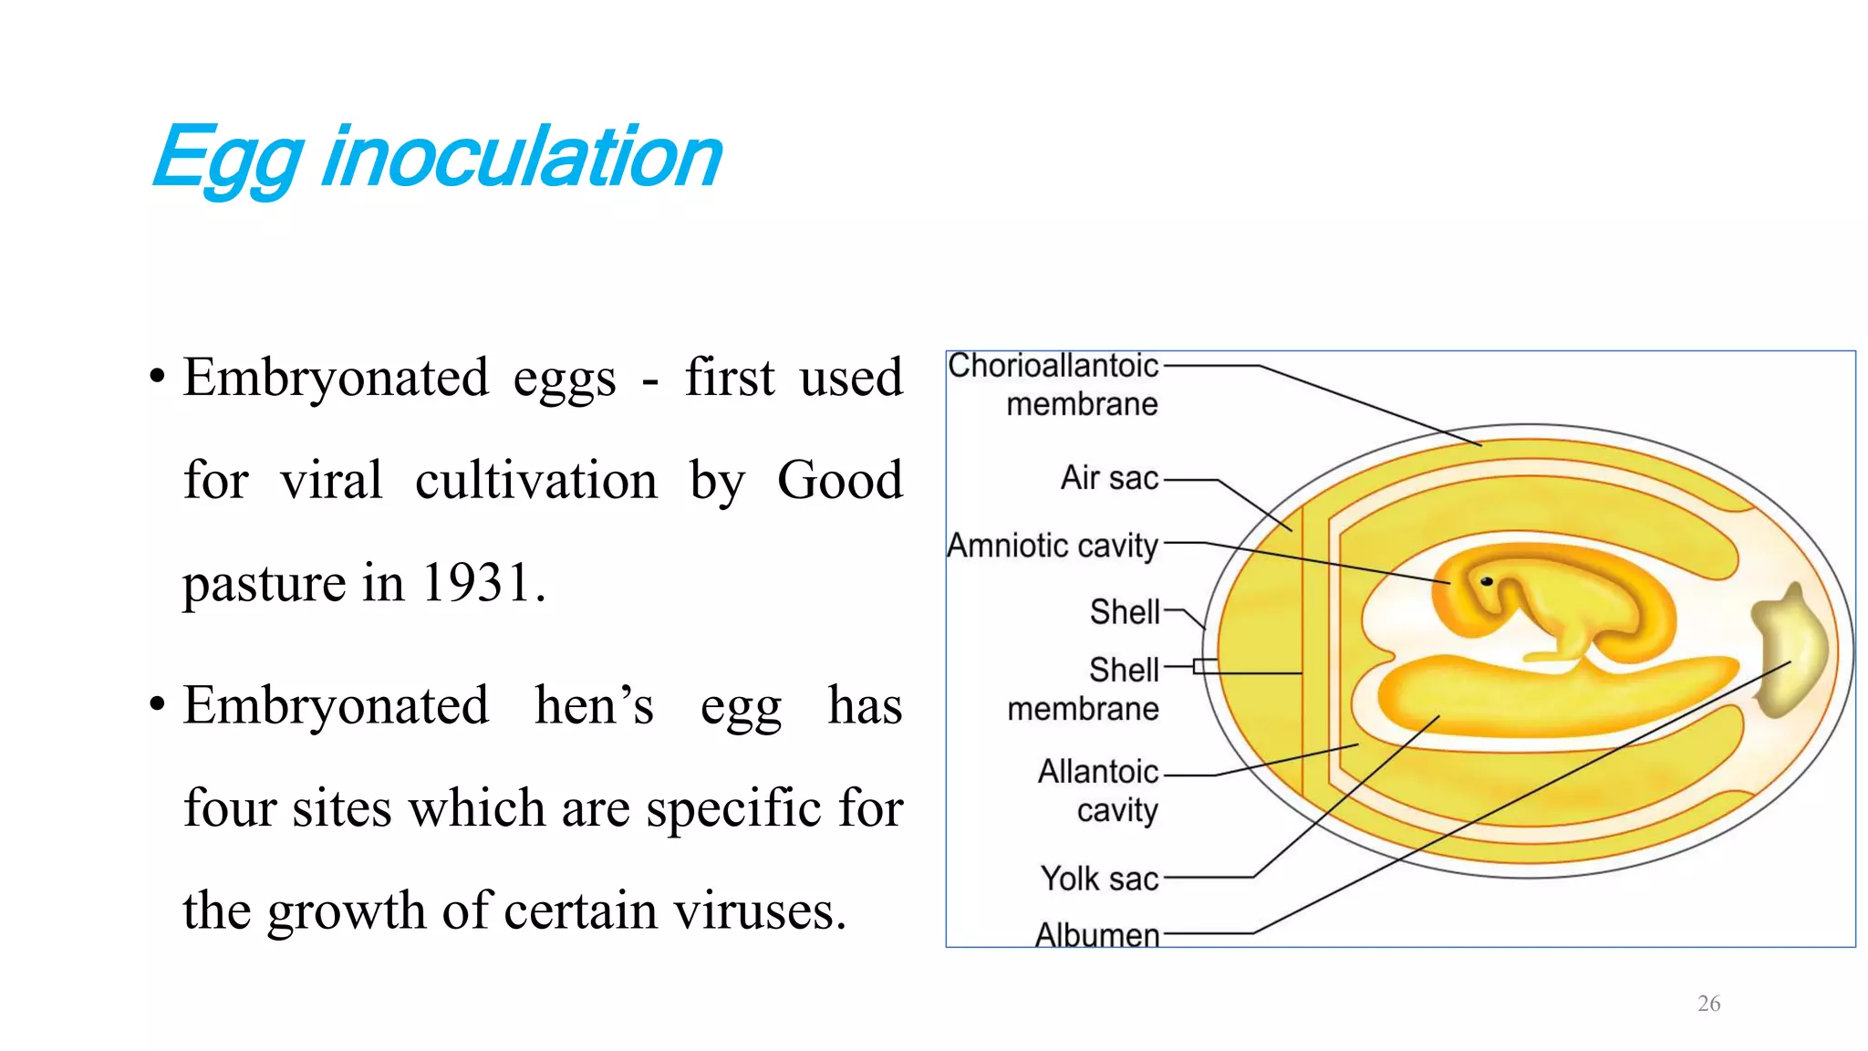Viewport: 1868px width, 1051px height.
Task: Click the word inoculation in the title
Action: point(522,157)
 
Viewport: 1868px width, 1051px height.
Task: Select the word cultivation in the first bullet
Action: point(535,480)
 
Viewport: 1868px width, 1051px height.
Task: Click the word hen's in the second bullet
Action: point(594,705)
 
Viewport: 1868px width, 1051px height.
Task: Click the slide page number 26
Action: point(1708,1004)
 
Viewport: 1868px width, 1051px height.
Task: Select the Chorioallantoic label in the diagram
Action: point(1053,366)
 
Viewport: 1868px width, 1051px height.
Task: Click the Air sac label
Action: point(1109,478)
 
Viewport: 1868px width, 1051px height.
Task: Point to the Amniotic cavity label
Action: point(1053,546)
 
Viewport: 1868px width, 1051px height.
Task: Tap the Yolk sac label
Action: point(1099,879)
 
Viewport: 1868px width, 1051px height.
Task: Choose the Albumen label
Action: point(1097,934)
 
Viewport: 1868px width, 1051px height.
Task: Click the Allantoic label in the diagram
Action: point(1098,772)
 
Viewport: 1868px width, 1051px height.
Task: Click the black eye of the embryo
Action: point(1486,581)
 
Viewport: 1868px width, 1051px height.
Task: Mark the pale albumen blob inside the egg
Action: point(1789,650)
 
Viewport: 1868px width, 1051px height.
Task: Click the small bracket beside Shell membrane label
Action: point(1204,666)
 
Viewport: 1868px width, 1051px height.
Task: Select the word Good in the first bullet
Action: point(839,480)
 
